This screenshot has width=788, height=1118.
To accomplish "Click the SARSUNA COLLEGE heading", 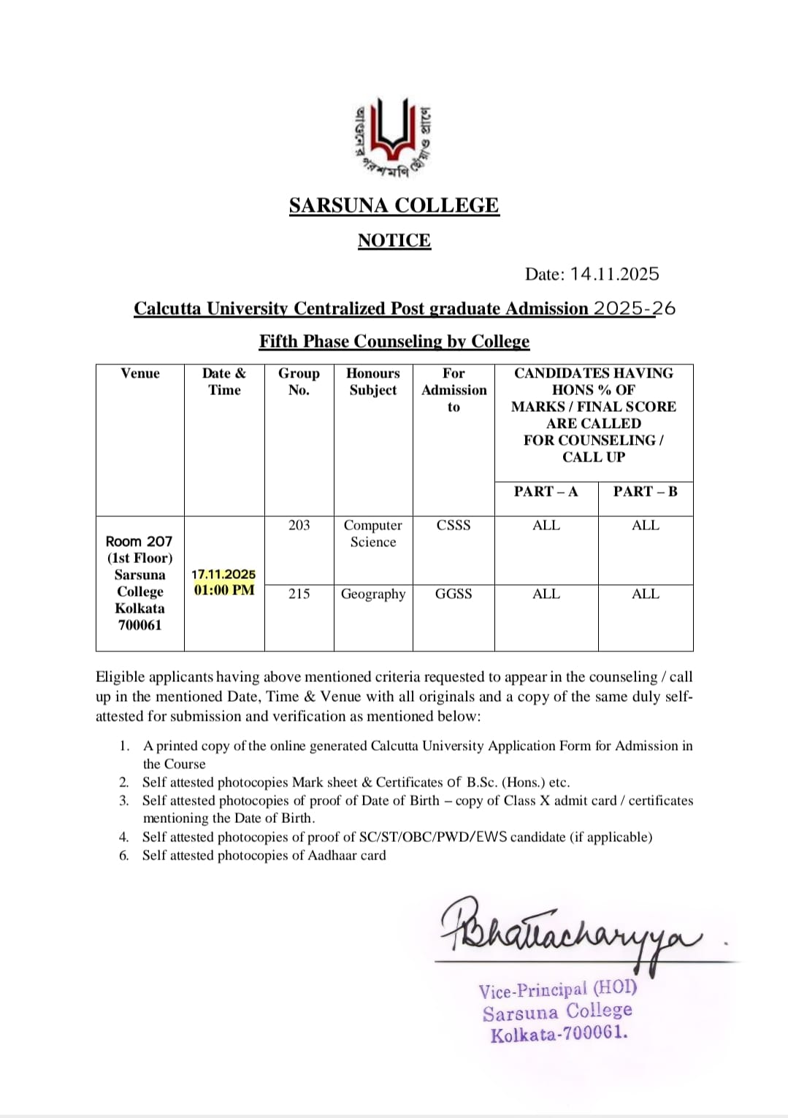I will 394,205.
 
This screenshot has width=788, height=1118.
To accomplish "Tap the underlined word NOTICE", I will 394,240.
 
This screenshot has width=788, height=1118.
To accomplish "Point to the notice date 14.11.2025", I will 614,274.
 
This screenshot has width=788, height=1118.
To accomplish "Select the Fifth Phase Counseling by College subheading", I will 394,341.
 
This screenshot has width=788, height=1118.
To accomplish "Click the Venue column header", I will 139,373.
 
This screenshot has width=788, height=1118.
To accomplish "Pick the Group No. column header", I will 299,381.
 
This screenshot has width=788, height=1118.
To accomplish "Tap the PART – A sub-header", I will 546,491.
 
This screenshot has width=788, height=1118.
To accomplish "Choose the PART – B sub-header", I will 645,491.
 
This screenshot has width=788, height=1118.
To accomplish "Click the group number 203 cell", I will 299,525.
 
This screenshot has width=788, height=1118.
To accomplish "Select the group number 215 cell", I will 299,594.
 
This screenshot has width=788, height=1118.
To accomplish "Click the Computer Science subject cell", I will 372,533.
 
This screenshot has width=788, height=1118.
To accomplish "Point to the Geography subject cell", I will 372,594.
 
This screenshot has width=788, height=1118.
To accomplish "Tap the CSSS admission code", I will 454,525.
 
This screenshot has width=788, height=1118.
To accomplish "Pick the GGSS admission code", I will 454,594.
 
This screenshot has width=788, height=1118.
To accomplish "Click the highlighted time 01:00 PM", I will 224,589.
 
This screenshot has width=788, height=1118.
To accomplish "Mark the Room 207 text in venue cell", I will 139,541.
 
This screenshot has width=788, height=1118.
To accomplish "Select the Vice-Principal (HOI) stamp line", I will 558,989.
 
